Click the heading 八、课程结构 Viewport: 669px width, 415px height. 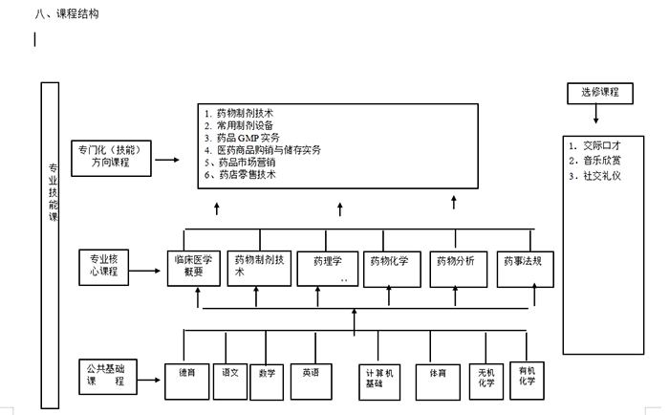pyautogui.click(x=66, y=14)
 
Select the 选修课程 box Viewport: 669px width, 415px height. pyautogui.click(x=599, y=93)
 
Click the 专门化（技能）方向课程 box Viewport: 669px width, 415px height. pyautogui.click(x=110, y=156)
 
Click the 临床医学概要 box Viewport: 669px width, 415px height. pyautogui.click(x=193, y=266)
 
